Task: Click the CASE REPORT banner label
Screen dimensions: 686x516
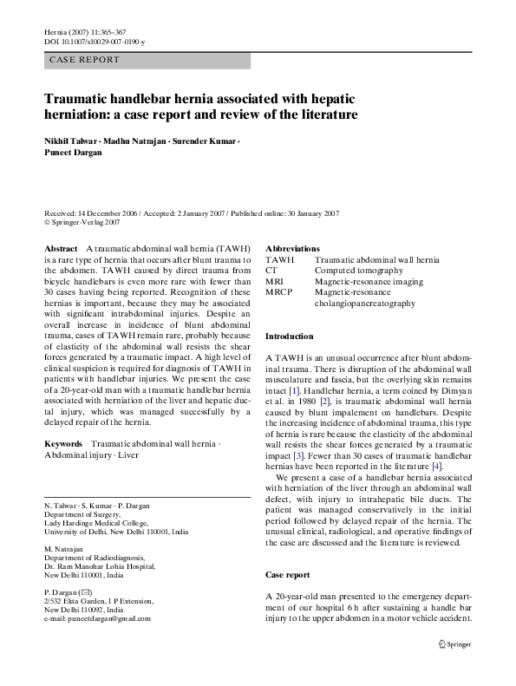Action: (84, 61)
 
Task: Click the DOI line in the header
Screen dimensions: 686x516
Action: (94, 42)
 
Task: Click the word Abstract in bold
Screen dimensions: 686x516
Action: (61, 249)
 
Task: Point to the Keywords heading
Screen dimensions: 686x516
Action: (63, 443)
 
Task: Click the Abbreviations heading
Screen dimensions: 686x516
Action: (292, 248)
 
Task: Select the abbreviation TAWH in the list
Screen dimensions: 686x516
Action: (279, 259)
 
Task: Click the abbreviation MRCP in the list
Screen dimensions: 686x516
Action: (279, 293)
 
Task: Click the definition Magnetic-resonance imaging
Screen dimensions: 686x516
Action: (369, 282)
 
